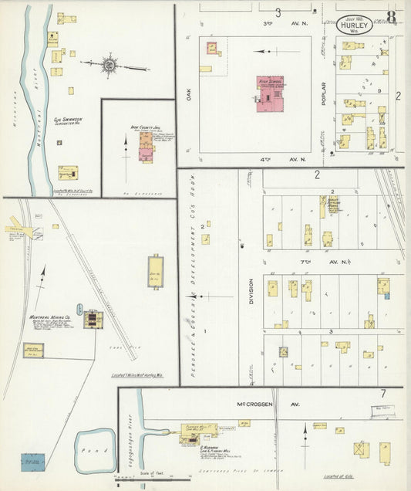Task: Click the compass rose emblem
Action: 109,66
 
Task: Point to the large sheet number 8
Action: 392,16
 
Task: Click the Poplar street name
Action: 325,93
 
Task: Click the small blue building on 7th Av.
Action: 386,295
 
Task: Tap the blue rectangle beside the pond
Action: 33,462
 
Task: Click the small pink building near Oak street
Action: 213,49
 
